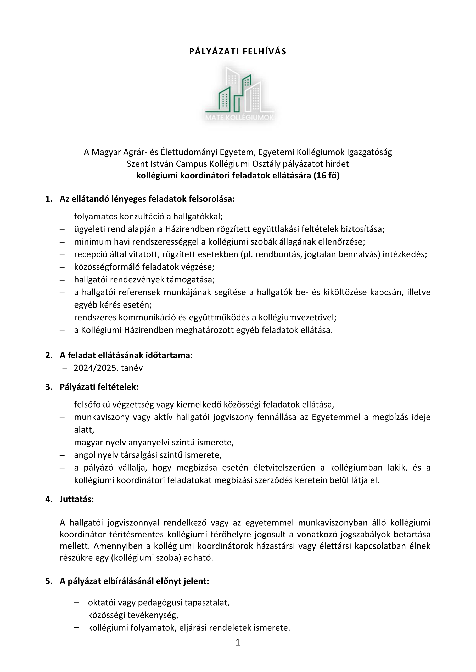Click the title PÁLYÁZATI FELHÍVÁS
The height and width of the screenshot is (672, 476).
[238, 51]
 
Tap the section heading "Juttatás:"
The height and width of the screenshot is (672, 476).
[77, 499]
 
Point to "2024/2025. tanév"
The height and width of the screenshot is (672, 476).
[108, 368]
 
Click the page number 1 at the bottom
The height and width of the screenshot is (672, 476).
[238, 651]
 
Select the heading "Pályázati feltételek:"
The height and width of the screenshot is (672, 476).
[99, 387]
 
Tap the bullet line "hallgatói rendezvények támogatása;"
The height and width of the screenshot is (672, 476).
[144, 280]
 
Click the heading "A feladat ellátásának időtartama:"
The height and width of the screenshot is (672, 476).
[126, 355]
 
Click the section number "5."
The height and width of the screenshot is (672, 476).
[49, 581]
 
